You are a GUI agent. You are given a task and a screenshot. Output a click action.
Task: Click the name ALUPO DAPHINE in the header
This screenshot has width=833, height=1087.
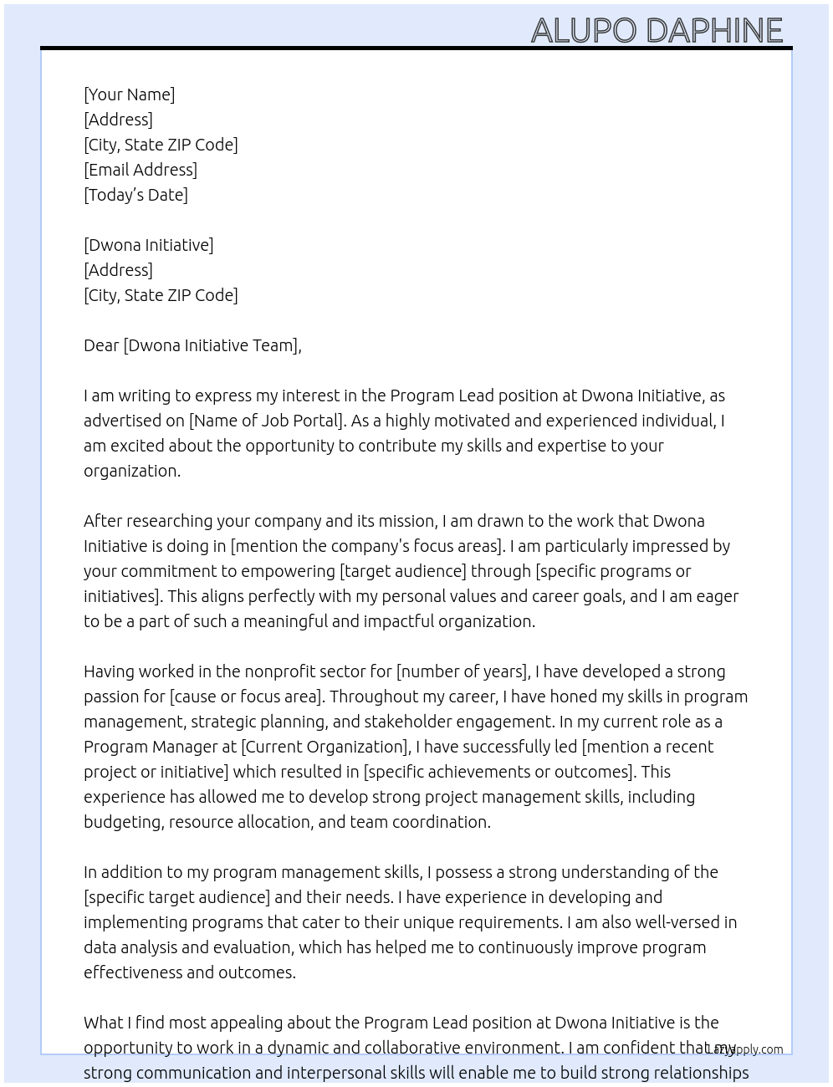pyautogui.click(x=657, y=31)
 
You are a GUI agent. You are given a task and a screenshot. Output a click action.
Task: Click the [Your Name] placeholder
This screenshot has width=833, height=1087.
pyautogui.click(x=129, y=94)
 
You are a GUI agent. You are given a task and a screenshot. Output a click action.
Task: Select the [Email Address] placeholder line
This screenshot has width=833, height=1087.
pyautogui.click(x=141, y=170)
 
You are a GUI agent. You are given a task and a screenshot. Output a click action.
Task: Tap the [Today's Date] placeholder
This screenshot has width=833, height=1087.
pyautogui.click(x=135, y=195)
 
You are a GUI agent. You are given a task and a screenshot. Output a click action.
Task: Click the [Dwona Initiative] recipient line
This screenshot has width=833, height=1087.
pyautogui.click(x=148, y=245)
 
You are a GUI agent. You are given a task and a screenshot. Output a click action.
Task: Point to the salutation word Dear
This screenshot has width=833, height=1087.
pyautogui.click(x=101, y=345)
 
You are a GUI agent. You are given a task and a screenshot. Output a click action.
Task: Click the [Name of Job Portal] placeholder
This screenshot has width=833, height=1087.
pyautogui.click(x=267, y=421)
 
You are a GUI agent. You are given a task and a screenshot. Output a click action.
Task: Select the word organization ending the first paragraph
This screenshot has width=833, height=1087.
pyautogui.click(x=130, y=471)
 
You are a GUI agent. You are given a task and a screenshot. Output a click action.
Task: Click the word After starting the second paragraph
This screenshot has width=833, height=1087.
pyautogui.click(x=105, y=521)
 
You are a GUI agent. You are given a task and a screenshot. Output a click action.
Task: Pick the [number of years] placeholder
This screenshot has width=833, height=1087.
pyautogui.click(x=462, y=671)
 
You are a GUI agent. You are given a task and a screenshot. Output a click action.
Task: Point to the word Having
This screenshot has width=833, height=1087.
pyautogui.click(x=110, y=671)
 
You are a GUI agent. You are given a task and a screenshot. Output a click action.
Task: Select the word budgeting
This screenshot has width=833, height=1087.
pyautogui.click(x=122, y=822)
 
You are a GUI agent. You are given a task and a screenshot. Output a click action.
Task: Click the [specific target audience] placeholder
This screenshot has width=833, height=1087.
pyautogui.click(x=176, y=897)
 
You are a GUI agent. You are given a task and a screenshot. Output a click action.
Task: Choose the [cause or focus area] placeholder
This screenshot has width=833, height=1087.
pyautogui.click(x=246, y=697)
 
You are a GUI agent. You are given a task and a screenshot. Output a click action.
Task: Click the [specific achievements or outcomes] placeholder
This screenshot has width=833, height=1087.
pyautogui.click(x=498, y=772)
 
